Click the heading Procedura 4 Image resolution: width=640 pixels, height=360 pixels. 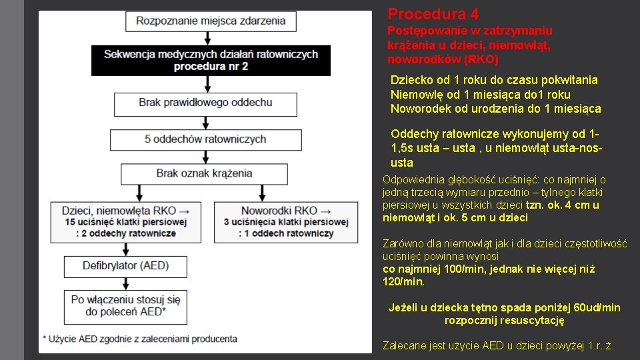pyautogui.click(x=433, y=14)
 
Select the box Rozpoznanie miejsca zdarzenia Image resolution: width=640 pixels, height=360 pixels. pyautogui.click(x=211, y=21)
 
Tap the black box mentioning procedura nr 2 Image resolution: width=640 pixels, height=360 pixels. pyautogui.click(x=211, y=60)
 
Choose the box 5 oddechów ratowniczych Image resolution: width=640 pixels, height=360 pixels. pyautogui.click(x=205, y=139)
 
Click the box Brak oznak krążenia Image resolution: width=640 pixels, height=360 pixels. pyautogui.click(x=204, y=173)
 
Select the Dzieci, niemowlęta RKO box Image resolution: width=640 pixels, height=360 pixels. pyautogui.click(x=126, y=221)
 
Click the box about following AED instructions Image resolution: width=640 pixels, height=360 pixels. pyautogui.click(x=126, y=306)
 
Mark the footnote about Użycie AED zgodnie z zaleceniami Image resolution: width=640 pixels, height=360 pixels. pyautogui.click(x=139, y=339)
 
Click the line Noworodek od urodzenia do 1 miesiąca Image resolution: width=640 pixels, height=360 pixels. pyautogui.click(x=495, y=109)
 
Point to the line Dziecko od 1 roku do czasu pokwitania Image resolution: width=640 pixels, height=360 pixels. pyautogui.click(x=494, y=80)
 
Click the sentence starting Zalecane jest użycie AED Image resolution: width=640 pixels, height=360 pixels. pyautogui.click(x=498, y=345)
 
